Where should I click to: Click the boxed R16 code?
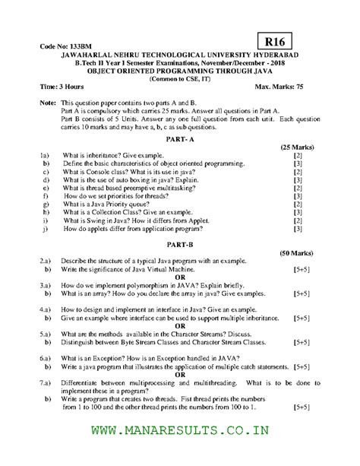(x=278, y=39)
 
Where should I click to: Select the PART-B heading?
(x=181, y=243)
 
